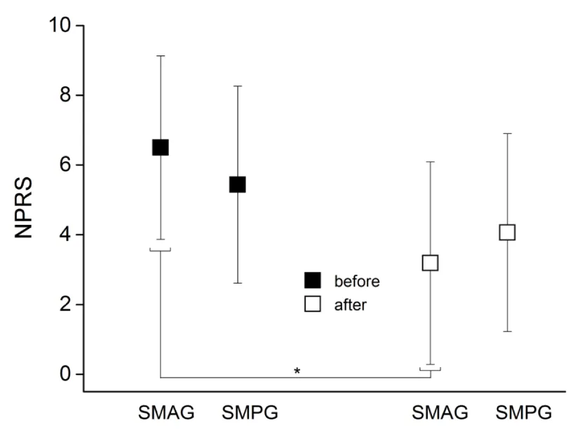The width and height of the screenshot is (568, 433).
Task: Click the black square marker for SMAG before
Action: click(161, 147)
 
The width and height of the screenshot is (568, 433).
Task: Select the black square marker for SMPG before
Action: click(238, 184)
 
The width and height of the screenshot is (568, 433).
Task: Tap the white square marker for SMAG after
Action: click(430, 263)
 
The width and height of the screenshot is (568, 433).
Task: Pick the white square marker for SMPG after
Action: click(507, 232)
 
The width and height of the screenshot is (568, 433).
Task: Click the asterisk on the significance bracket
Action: click(297, 371)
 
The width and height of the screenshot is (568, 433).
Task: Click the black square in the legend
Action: click(312, 281)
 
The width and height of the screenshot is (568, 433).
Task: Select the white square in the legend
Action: click(312, 304)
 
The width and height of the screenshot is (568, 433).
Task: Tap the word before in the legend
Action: click(357, 282)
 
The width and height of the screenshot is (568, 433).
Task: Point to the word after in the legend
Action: click(351, 305)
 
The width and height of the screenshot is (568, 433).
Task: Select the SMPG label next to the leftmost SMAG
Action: click(250, 413)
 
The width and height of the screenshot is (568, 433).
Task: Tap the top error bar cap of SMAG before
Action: click(161, 55)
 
